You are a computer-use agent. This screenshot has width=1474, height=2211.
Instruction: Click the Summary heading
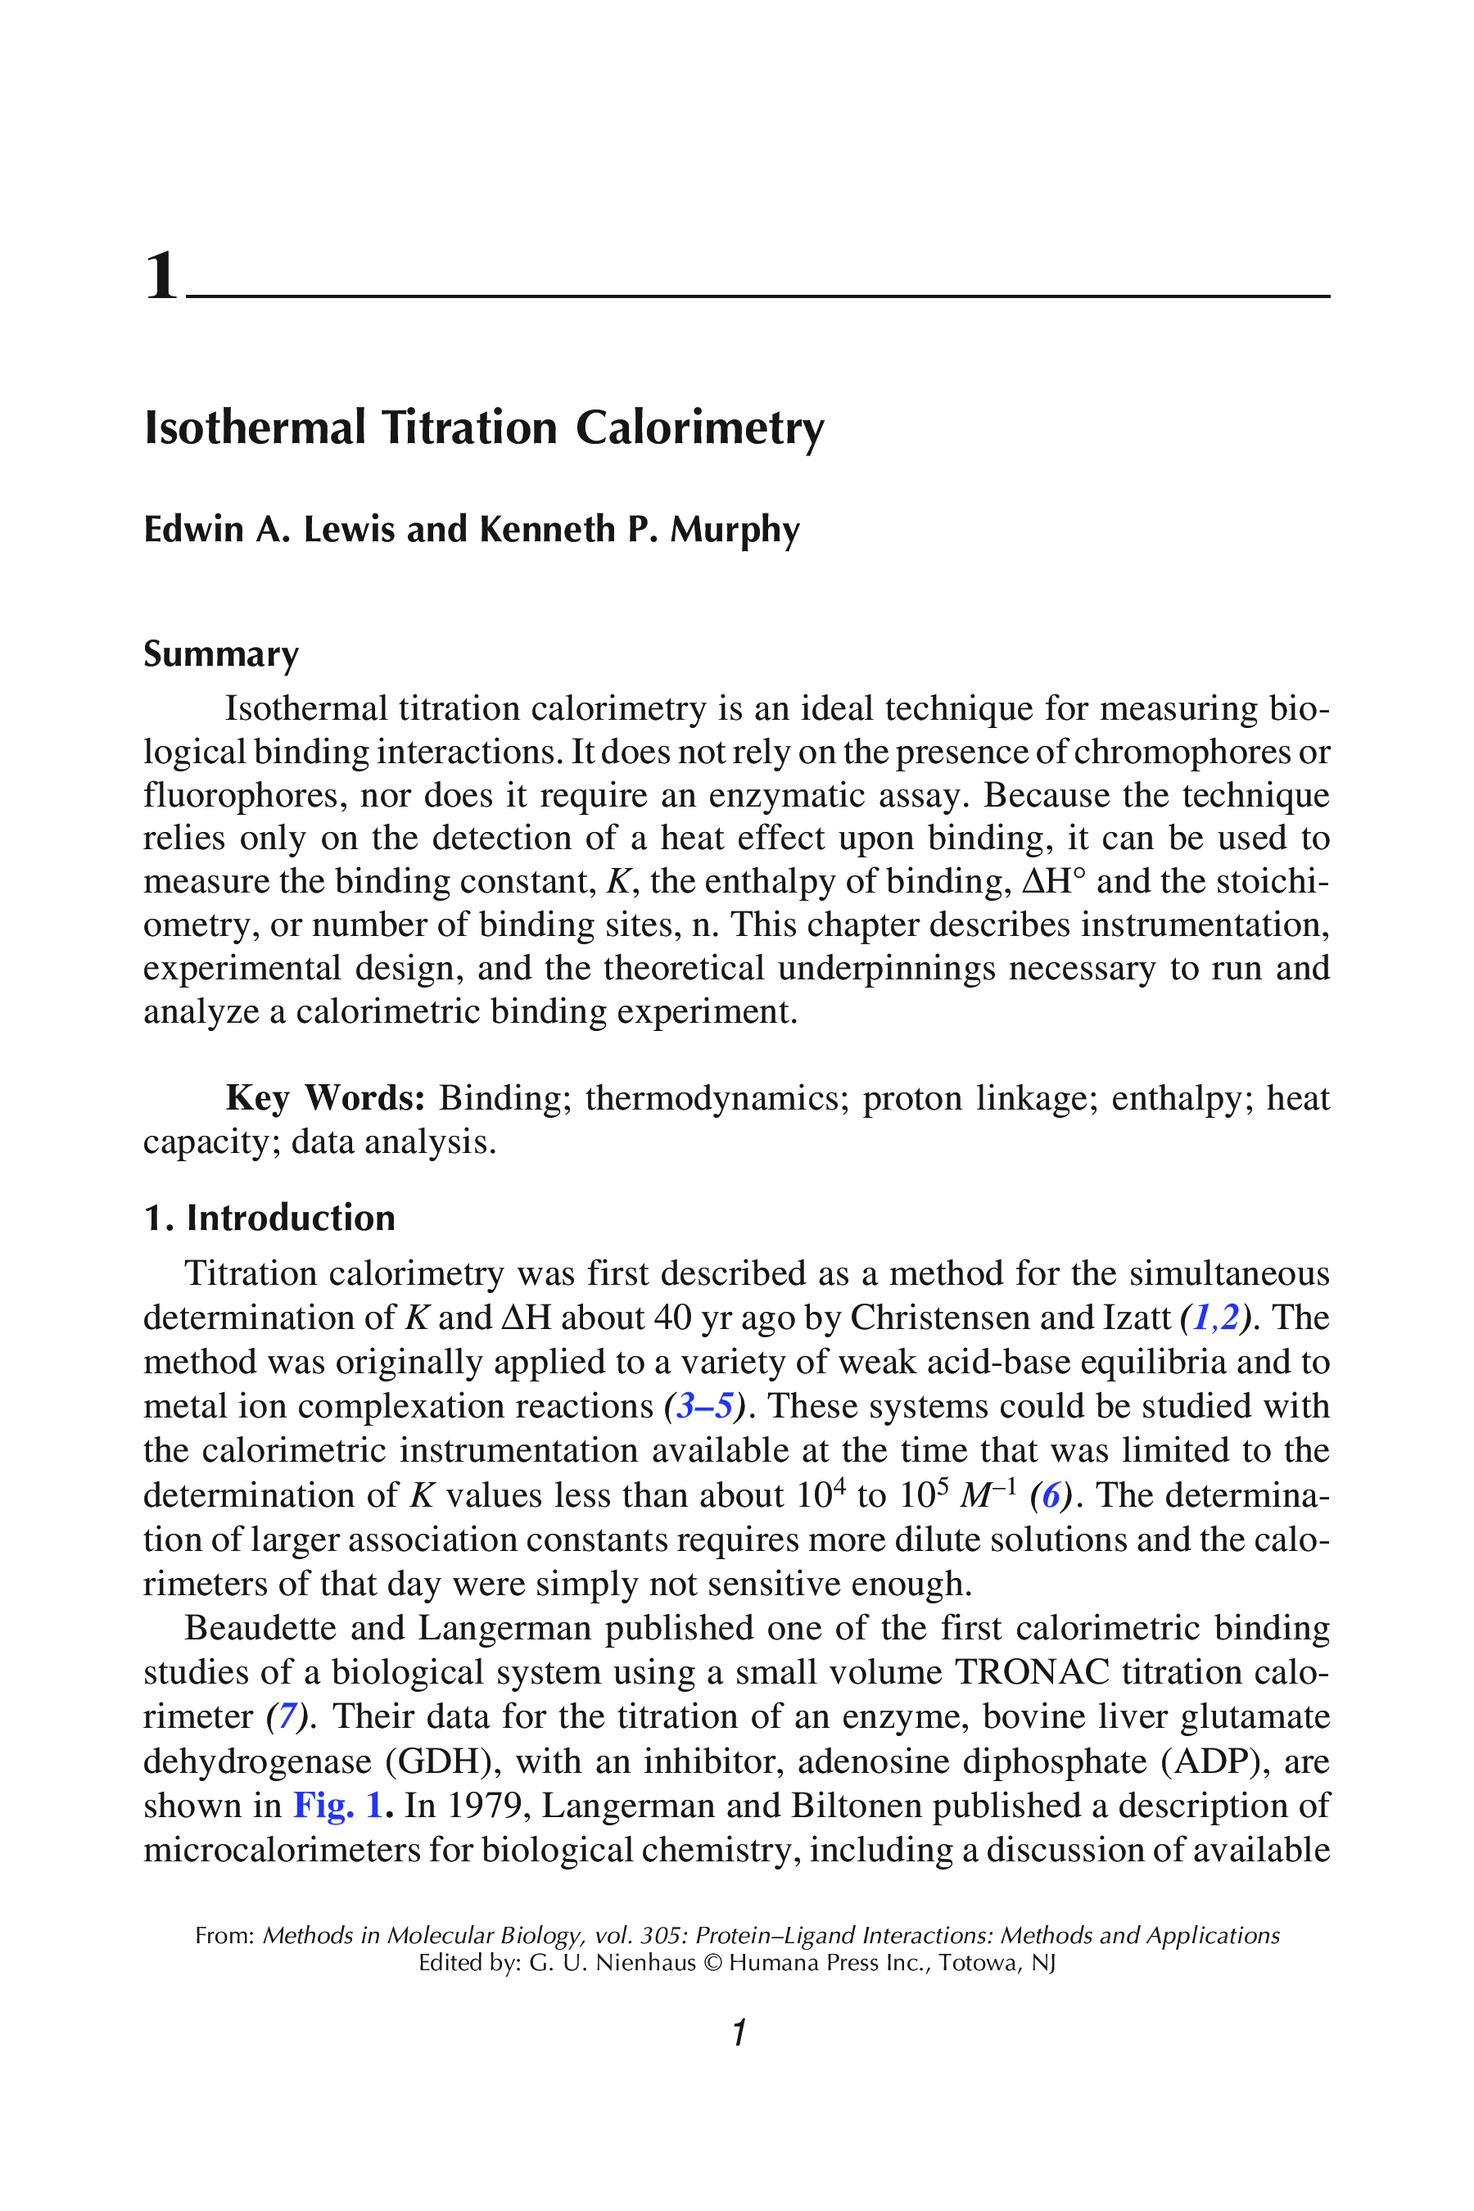(x=221, y=654)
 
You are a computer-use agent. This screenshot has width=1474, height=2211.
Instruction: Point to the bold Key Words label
(x=325, y=1098)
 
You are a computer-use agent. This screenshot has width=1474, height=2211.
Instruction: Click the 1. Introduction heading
(x=269, y=1218)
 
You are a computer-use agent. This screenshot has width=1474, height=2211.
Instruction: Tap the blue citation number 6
(x=1051, y=1495)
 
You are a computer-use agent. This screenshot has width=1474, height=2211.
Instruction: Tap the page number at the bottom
(x=739, y=2032)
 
